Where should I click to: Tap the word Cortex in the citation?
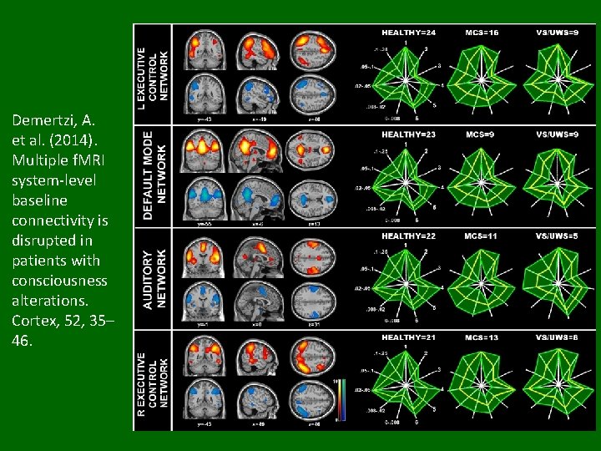pos(35,322)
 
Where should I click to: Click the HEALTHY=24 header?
pos(409,33)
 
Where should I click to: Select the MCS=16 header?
pos(482,33)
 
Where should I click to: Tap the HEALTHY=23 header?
pos(409,134)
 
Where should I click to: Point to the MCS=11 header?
pos(482,236)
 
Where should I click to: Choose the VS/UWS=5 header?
pos(557,236)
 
